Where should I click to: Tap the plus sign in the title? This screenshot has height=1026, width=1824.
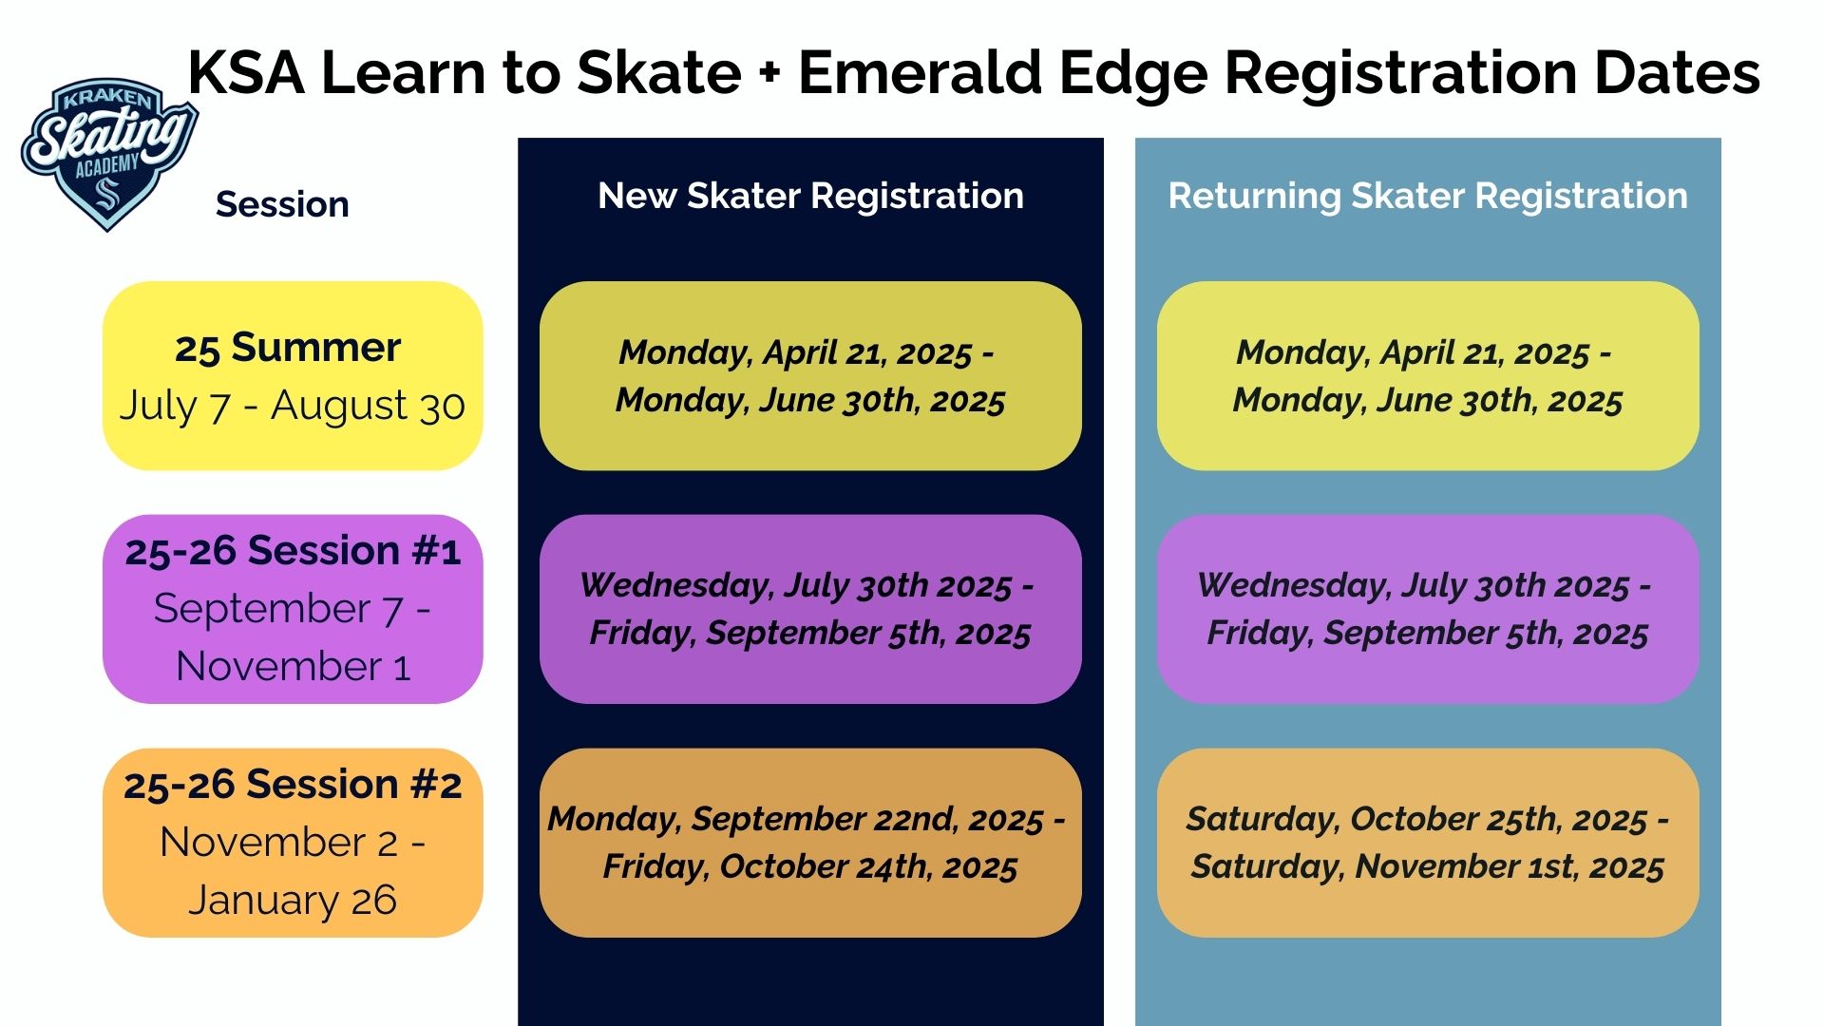click(769, 74)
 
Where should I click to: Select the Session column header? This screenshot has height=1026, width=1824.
click(282, 204)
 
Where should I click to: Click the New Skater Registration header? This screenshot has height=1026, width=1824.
click(810, 196)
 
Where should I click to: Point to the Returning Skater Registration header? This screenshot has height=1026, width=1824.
click(1428, 196)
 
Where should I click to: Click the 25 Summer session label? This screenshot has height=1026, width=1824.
click(288, 348)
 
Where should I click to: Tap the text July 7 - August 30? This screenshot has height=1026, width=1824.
click(292, 406)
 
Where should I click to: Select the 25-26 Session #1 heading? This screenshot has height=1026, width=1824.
click(293, 551)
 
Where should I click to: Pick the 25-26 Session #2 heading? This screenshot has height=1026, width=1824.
click(293, 785)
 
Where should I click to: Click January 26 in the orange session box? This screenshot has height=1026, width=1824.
click(293, 901)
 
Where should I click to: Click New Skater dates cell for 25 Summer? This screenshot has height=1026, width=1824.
click(810, 375)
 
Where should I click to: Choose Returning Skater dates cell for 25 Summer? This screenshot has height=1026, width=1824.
click(1428, 375)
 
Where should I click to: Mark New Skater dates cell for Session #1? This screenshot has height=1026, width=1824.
click(810, 609)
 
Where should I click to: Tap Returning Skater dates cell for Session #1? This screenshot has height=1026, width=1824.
click(1428, 609)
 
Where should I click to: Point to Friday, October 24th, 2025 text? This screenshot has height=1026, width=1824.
click(810, 866)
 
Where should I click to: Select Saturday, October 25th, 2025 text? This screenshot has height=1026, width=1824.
click(1416, 819)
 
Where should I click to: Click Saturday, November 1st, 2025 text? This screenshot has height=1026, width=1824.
click(1428, 866)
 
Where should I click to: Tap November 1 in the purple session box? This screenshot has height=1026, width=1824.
click(293, 666)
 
